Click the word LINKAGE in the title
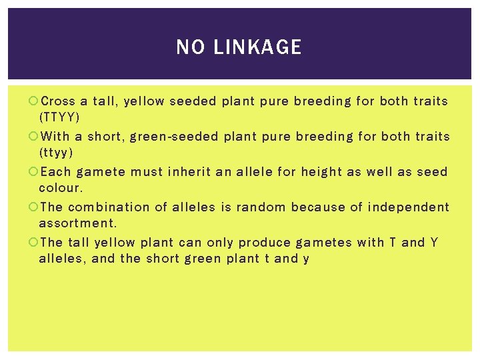[x=257, y=47]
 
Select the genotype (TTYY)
[x=59, y=117]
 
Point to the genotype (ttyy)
[x=56, y=153]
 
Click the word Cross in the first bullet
[x=58, y=101]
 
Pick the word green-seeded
[x=174, y=137]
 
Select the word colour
[x=61, y=188]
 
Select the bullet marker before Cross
[x=34, y=101]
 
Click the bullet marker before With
[x=34, y=137]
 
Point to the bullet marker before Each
[x=34, y=172]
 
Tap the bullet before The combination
[x=34, y=207]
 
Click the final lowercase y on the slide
[x=306, y=259]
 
